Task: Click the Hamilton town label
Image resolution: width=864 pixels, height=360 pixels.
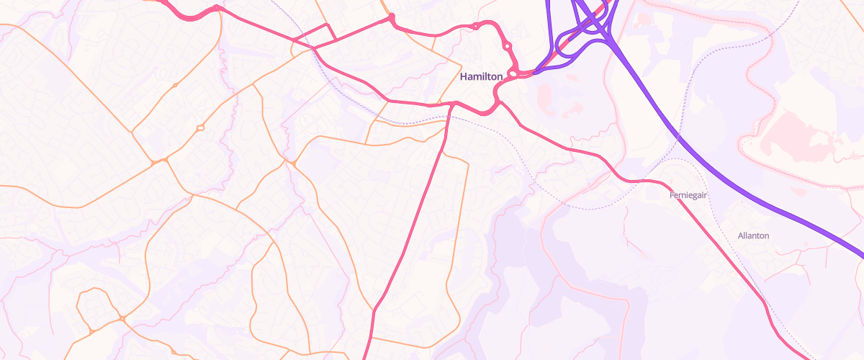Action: point(481,76)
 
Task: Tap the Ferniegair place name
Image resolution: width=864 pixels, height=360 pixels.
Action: point(690,195)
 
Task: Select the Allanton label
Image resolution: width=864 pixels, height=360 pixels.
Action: point(754,235)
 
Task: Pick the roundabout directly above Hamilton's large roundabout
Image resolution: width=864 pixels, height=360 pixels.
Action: point(508,46)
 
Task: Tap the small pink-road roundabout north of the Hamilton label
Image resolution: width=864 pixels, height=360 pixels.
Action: point(475,27)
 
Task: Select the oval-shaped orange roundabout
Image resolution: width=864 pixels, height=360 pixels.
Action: point(200,128)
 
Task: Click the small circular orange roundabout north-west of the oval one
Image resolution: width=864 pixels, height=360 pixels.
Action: point(175,86)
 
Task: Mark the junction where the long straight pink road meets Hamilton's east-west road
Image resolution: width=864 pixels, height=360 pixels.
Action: point(451,105)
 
